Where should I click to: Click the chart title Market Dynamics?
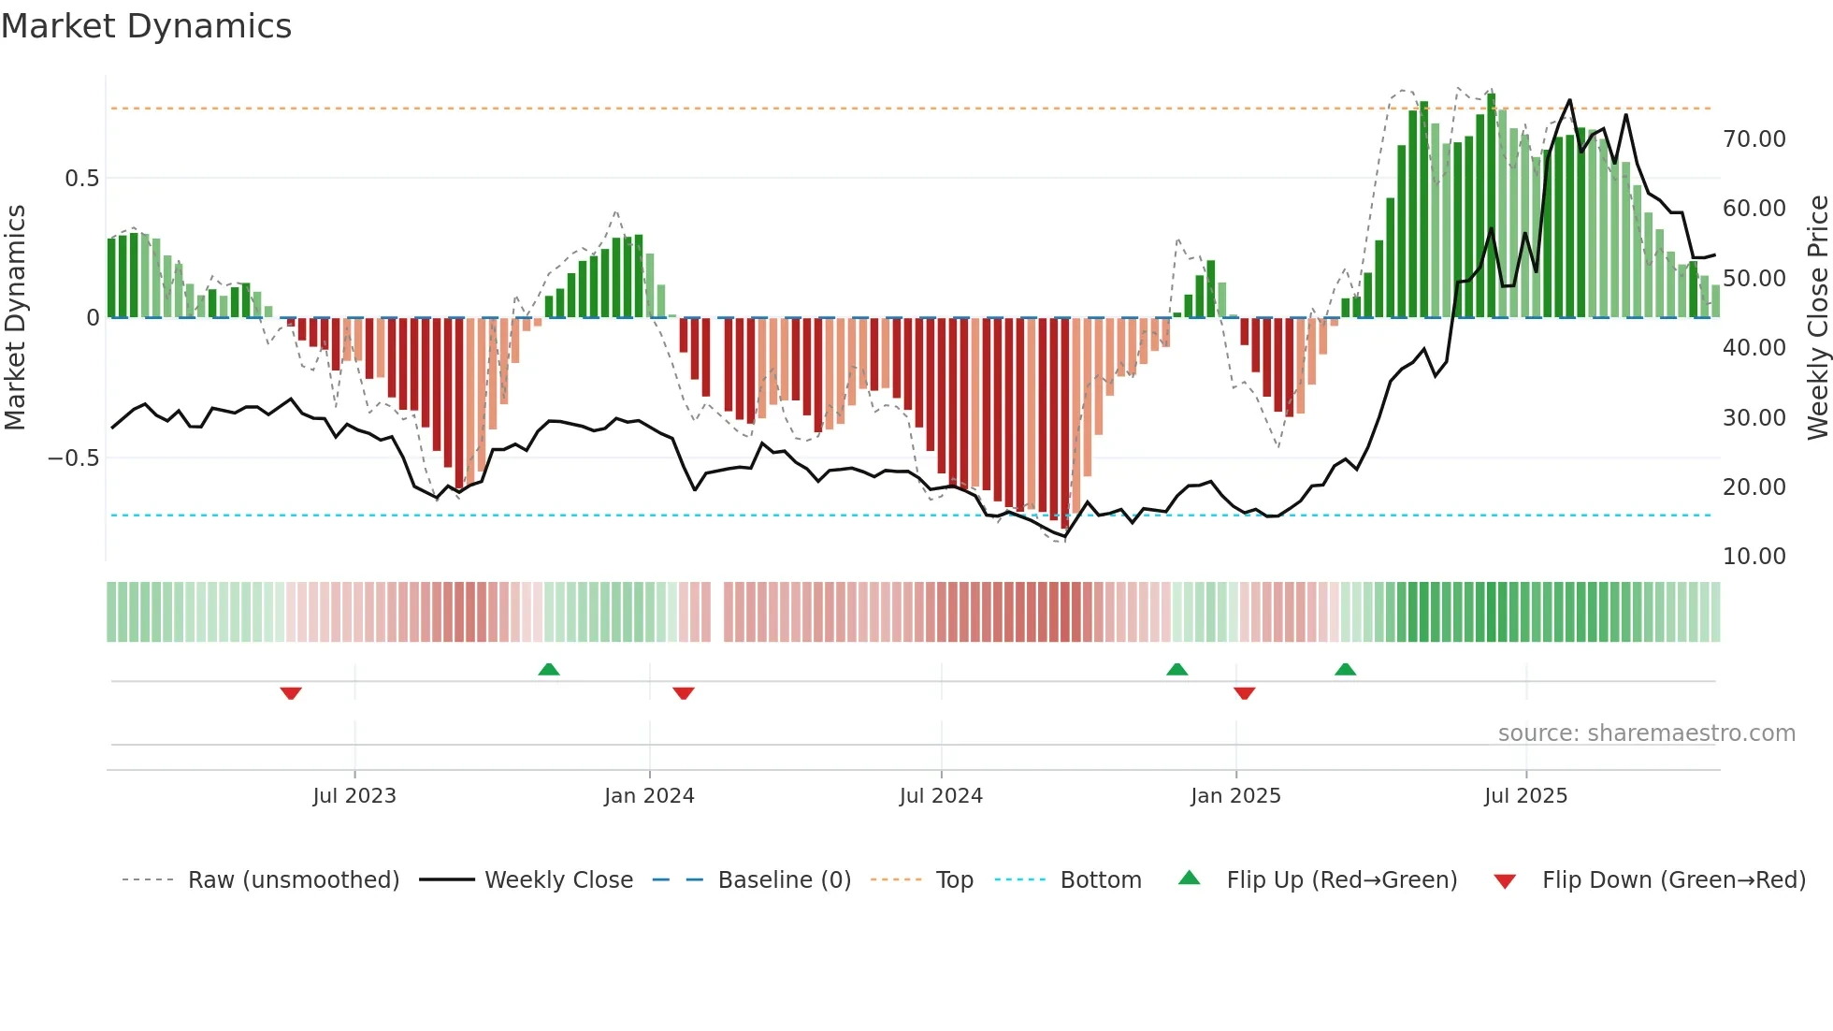click(x=147, y=26)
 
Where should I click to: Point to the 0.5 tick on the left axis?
click(x=81, y=179)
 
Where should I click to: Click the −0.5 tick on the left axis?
click(x=74, y=458)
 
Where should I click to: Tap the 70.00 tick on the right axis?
click(x=1754, y=139)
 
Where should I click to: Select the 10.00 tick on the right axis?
click(x=1754, y=557)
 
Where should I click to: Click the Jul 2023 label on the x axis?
click(x=354, y=796)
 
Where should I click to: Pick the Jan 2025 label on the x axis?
click(x=1235, y=796)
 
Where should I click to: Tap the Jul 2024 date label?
click(x=941, y=796)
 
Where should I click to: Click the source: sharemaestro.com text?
click(x=1646, y=733)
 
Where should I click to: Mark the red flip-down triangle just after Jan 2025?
click(x=1244, y=693)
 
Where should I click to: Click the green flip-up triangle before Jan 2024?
click(x=549, y=669)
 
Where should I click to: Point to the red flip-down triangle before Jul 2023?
click(x=291, y=693)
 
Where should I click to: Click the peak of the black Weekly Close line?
click(x=1569, y=100)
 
